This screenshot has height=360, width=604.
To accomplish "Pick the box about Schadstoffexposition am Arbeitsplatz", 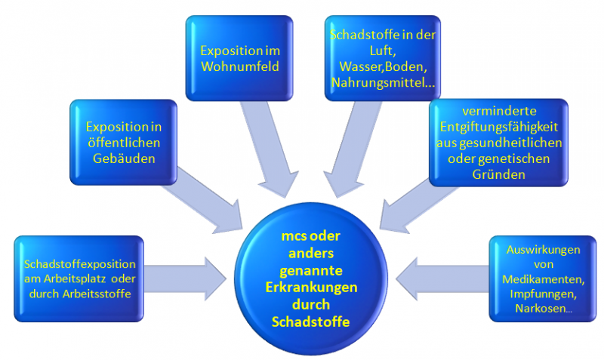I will point(79,278).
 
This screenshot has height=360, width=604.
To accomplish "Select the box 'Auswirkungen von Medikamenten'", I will point(543,278).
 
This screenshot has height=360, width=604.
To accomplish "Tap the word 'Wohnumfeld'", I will point(239,66).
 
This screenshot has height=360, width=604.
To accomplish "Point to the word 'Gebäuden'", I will point(123,160).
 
